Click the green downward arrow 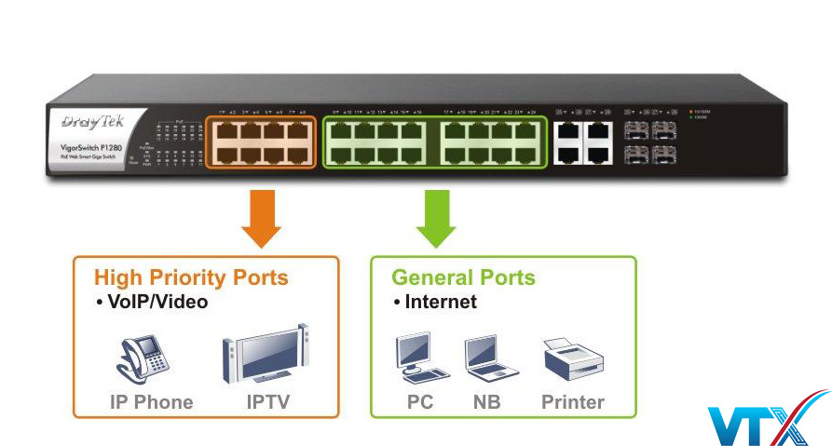pyautogui.click(x=436, y=217)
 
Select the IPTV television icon pyautogui.click(x=266, y=355)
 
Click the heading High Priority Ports pyautogui.click(x=191, y=277)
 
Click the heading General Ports pyautogui.click(x=463, y=277)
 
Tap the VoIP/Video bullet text pyautogui.click(x=151, y=302)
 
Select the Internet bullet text pyautogui.click(x=435, y=302)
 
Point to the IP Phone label pyautogui.click(x=150, y=402)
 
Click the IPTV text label pyautogui.click(x=268, y=402)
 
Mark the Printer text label pyautogui.click(x=573, y=402)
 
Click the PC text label pyautogui.click(x=420, y=402)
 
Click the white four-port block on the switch pyautogui.click(x=582, y=142)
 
